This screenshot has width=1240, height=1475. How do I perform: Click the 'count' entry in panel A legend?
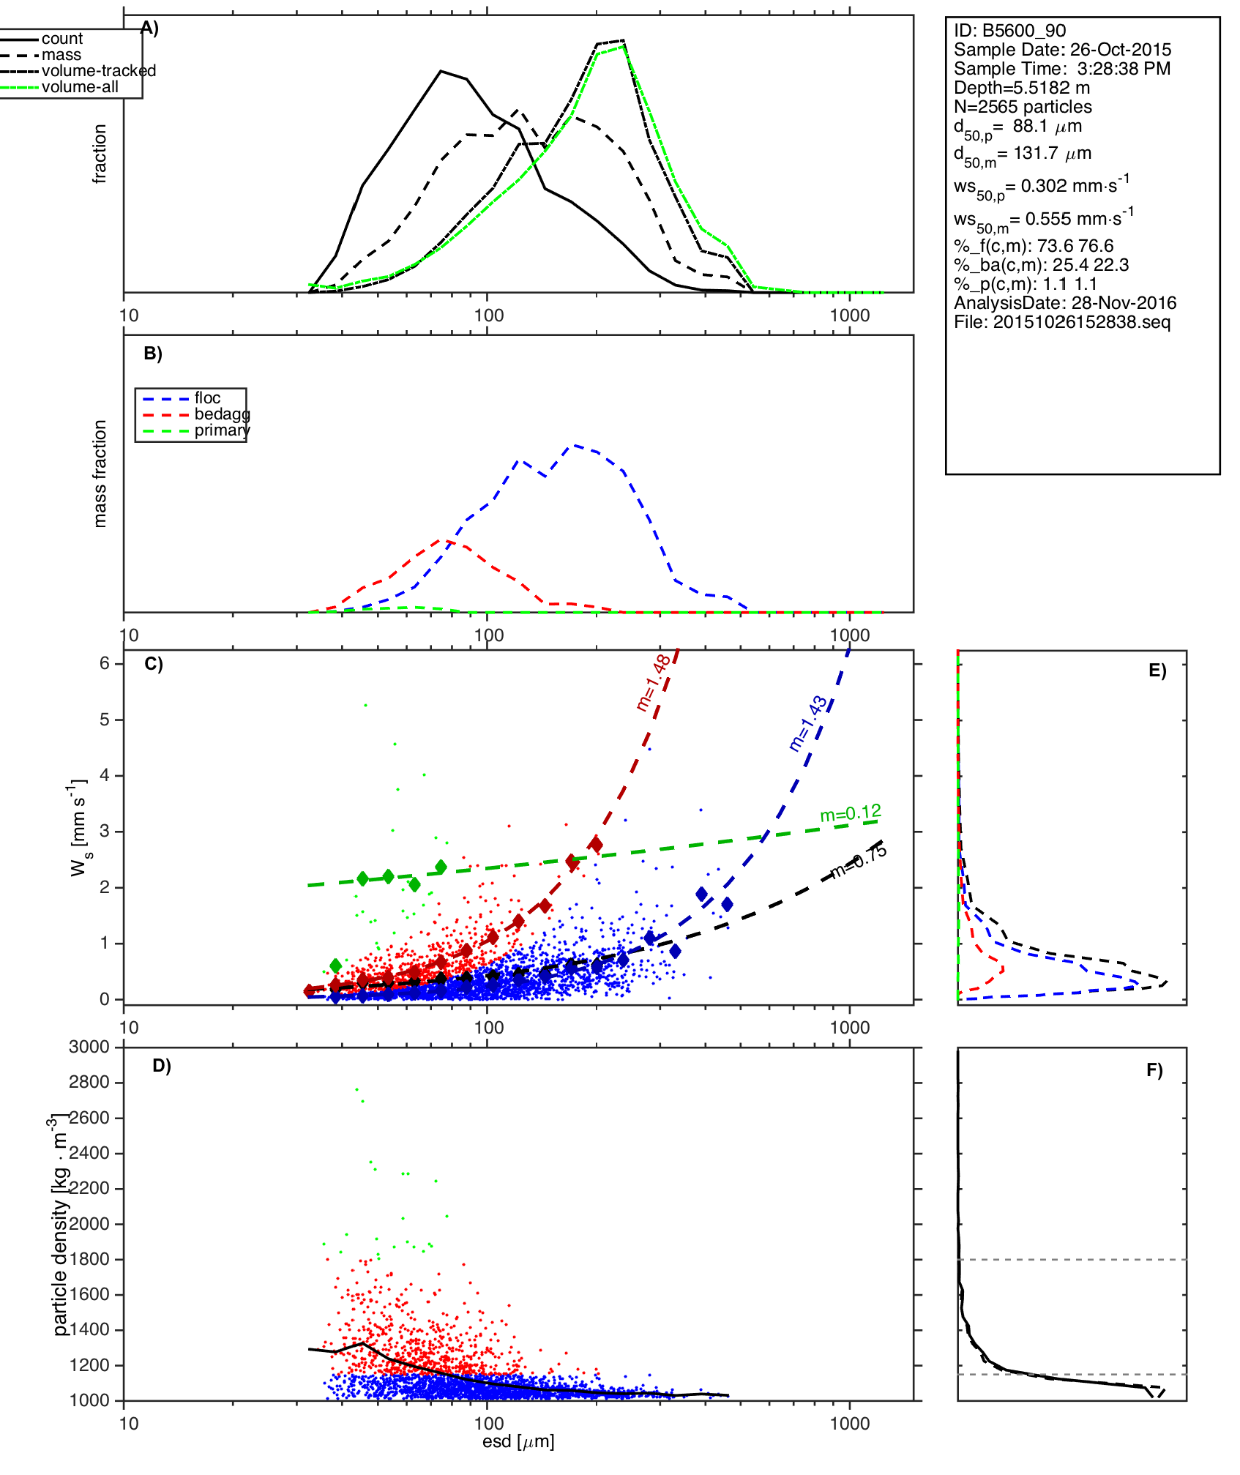pos(62,39)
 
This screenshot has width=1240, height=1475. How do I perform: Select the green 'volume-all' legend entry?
pos(80,87)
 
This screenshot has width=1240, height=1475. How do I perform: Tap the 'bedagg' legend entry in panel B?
pos(222,414)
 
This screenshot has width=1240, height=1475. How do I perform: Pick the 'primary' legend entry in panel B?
pos(222,430)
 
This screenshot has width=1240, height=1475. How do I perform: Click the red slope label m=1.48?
pos(653,683)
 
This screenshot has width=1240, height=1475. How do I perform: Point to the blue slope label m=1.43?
pos(808,724)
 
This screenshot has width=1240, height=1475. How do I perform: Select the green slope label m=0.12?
pos(851,813)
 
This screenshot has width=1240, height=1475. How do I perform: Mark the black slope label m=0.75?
pos(858,862)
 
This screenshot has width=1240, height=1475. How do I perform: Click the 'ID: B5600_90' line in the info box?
pos(1009,31)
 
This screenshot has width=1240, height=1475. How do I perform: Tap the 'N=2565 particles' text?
pos(1023,107)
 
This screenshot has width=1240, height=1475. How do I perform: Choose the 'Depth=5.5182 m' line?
pos(1022,88)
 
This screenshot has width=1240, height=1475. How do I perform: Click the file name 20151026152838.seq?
pos(1062,322)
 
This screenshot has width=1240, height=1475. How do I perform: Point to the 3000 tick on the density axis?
pos(89,1048)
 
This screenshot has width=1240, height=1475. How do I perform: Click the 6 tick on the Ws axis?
pos(105,663)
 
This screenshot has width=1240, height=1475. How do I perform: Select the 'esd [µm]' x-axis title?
pos(518,1442)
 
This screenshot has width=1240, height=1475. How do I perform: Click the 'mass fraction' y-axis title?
pos(100,474)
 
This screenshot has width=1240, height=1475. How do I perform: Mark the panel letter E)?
pos(1157,671)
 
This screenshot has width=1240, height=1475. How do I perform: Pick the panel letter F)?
pos(1154,1070)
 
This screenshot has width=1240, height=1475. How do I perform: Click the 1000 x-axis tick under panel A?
pos(850,315)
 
